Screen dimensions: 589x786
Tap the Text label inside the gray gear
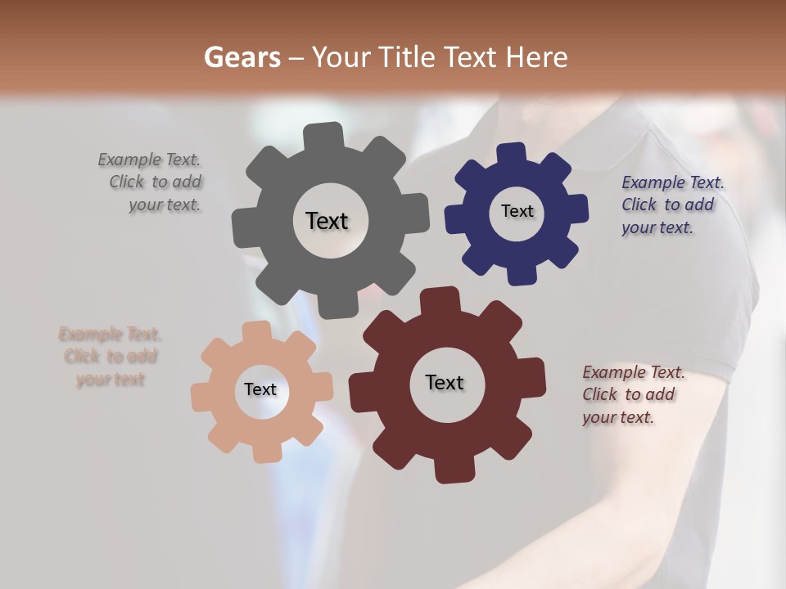327,221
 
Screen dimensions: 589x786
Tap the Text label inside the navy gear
517,211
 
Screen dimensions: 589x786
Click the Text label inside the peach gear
260,389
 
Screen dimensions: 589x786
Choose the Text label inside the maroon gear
445,382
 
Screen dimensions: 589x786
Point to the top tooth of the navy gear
512,153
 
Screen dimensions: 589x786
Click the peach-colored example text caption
111,357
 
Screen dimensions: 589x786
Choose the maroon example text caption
630,394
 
